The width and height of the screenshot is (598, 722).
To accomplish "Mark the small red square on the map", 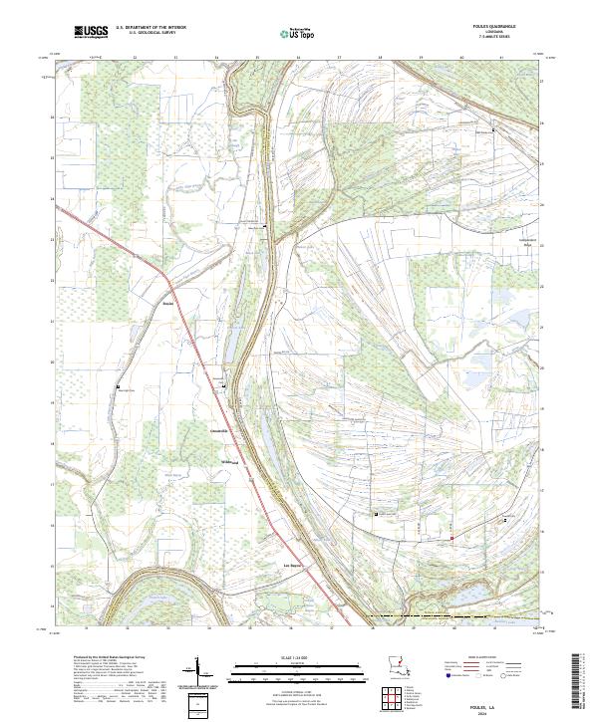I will coord(451,539).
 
